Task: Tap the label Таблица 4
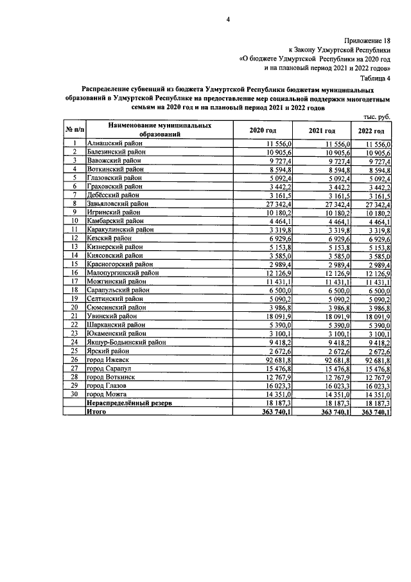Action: [376, 77]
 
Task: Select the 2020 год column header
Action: [263, 131]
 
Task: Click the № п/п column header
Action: [74, 131]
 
